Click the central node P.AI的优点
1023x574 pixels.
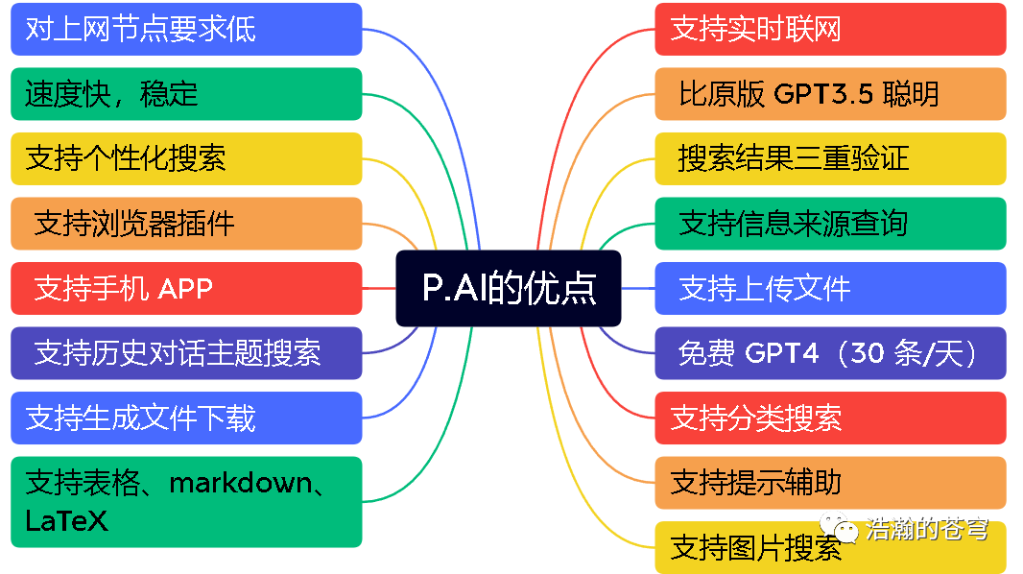tap(509, 288)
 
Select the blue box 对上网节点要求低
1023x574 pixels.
tap(186, 29)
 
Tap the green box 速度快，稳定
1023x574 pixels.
tap(186, 94)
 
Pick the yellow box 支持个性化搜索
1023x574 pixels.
tap(186, 158)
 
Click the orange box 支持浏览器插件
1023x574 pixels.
tap(186, 224)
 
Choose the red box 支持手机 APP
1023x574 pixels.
tap(186, 288)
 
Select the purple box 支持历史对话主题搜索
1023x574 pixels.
tap(186, 353)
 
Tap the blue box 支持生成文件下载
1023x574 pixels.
tap(186, 418)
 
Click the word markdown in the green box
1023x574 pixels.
tap(241, 482)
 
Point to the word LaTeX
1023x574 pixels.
tap(66, 521)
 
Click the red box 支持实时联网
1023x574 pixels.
tap(830, 29)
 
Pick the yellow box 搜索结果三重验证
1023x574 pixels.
tap(830, 158)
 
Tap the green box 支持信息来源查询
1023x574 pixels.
tap(830, 224)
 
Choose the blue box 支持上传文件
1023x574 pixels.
tap(830, 288)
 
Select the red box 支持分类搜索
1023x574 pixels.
tap(830, 418)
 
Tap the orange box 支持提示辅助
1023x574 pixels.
tap(830, 482)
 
